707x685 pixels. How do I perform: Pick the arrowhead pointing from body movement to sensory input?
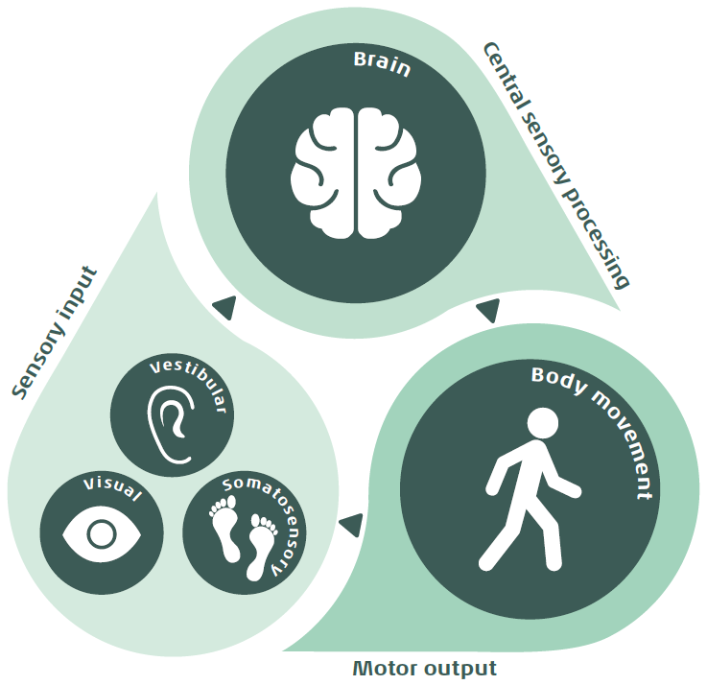coord(351,524)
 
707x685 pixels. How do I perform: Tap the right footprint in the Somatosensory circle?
coord(260,544)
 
